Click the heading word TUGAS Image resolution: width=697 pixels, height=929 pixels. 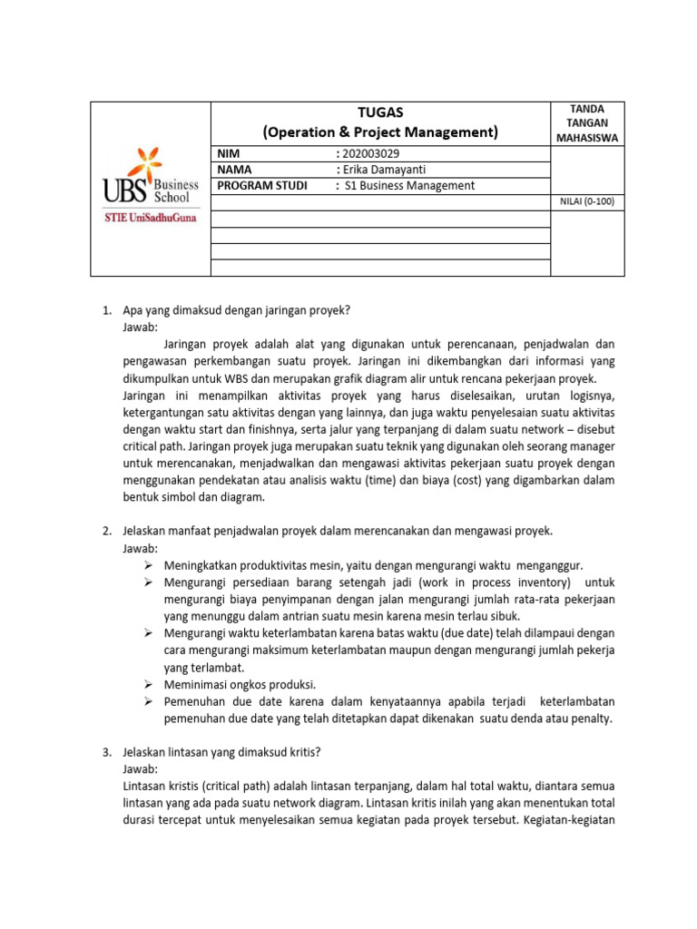coord(380,112)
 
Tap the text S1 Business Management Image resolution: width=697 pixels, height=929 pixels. coord(408,186)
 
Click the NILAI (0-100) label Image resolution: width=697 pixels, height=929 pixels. coord(587,201)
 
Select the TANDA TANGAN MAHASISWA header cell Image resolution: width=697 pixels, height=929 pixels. coord(587,123)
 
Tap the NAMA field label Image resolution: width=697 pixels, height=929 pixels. coord(234,170)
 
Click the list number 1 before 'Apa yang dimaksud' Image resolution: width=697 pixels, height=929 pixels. coord(104,311)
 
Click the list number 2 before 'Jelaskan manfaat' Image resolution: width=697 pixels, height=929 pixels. coord(104,531)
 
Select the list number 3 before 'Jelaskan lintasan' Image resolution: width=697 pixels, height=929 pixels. coord(104,752)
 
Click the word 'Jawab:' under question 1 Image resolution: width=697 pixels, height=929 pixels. coord(140,327)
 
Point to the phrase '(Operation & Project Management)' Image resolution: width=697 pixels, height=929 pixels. coord(380,132)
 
